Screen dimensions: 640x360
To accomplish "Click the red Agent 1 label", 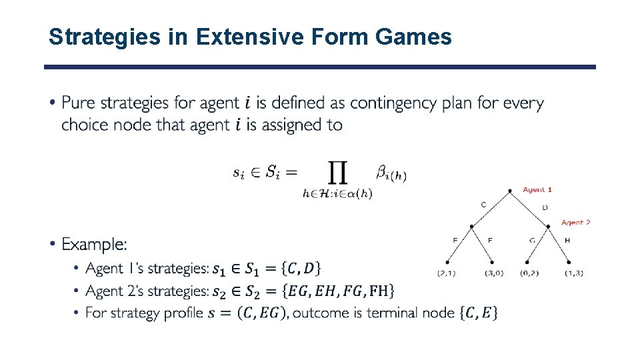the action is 537,190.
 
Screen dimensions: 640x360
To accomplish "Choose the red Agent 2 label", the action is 575,223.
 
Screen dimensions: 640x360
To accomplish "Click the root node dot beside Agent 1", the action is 510,191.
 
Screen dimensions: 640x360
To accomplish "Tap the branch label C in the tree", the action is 483,205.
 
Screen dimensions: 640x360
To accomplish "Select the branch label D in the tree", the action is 545,207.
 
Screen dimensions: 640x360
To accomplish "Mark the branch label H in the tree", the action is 567,240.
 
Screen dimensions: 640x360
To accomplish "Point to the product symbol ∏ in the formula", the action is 337,173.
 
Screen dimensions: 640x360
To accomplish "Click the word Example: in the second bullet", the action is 94,245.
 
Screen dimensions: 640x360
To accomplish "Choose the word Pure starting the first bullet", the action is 79,103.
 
